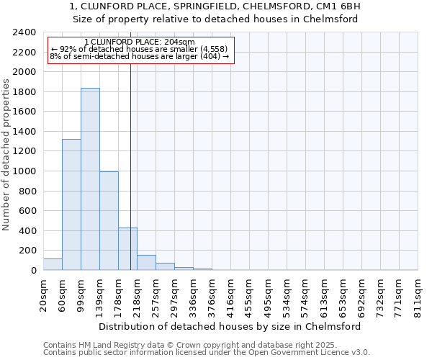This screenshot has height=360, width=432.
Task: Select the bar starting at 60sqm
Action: pos(71,204)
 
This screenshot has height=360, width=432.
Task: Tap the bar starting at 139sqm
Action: pos(109,221)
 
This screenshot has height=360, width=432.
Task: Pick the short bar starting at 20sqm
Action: pos(53,264)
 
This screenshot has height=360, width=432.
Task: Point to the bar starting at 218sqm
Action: pos(146,263)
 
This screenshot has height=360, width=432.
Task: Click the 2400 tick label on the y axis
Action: pos(24,32)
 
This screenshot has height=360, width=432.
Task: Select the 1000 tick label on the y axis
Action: pos(24,171)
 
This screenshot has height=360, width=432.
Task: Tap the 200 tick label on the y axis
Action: pos(27,251)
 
